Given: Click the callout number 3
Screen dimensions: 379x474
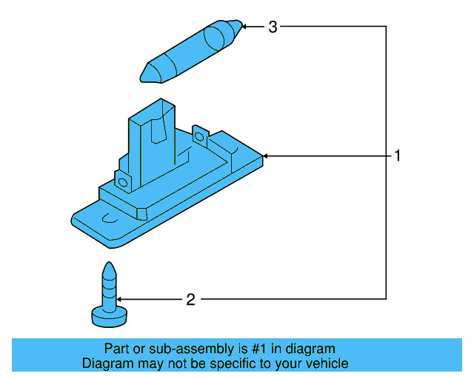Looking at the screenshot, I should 273,27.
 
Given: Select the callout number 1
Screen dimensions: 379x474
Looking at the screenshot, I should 397,156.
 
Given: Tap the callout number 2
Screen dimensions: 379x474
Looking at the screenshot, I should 190,300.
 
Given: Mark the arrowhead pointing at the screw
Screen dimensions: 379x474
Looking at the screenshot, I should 123,300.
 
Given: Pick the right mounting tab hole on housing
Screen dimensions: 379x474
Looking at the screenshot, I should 199,135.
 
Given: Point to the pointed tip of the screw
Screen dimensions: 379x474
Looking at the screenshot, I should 108,266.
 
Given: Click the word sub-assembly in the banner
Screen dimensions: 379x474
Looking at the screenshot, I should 173,349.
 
